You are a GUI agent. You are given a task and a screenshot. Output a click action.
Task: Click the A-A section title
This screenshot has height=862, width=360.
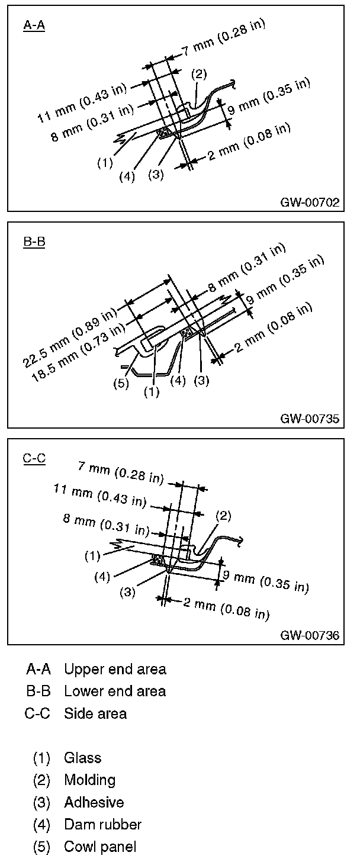[34, 25]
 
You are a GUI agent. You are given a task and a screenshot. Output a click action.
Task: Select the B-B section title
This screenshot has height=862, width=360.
[34, 242]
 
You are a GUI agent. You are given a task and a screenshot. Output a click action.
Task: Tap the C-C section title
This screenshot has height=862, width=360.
[34, 459]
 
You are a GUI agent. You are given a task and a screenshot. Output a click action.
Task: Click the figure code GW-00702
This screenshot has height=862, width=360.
[310, 202]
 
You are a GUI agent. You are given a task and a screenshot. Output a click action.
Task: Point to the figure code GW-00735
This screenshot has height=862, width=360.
[310, 419]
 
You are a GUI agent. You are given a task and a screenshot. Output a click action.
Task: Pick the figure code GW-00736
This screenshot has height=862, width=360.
[310, 636]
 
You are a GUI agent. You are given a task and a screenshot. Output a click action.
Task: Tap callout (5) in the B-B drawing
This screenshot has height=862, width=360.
[121, 383]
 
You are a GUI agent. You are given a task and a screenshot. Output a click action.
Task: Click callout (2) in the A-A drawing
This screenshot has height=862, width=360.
[199, 74]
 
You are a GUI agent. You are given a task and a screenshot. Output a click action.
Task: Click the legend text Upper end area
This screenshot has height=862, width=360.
[115, 670]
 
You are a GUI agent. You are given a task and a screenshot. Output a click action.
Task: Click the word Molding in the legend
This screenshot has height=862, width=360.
[89, 780]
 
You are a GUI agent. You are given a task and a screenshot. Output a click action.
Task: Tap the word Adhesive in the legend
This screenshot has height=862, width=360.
[94, 802]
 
